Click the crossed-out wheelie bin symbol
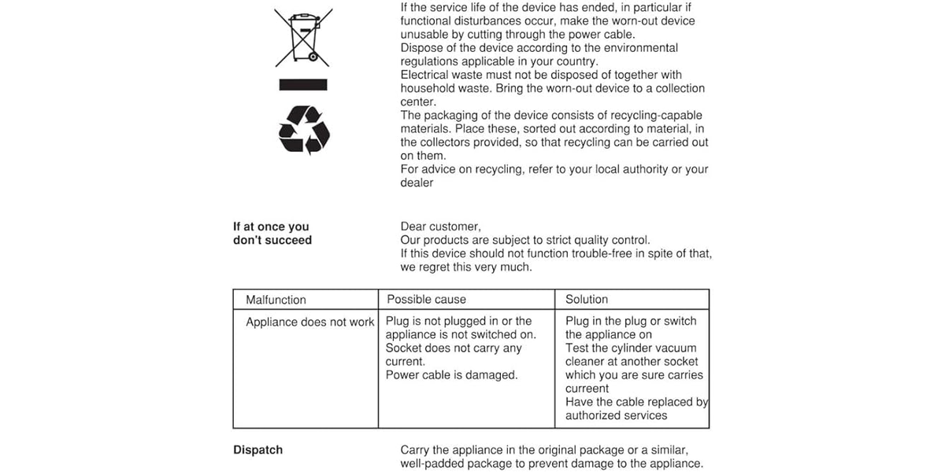(x=303, y=37)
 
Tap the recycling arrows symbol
(x=303, y=130)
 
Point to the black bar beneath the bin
(x=303, y=83)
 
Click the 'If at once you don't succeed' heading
(x=272, y=234)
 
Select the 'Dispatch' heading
(x=258, y=450)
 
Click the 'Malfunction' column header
(x=276, y=300)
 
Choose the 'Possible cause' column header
(x=426, y=299)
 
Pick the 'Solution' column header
(x=587, y=299)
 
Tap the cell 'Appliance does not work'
(x=309, y=322)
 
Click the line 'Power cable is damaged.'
(x=451, y=375)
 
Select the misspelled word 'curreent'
(x=587, y=389)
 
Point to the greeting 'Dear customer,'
(x=440, y=227)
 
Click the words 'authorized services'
(x=616, y=415)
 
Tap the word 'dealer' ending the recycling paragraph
(x=417, y=183)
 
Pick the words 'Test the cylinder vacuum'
(x=631, y=348)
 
